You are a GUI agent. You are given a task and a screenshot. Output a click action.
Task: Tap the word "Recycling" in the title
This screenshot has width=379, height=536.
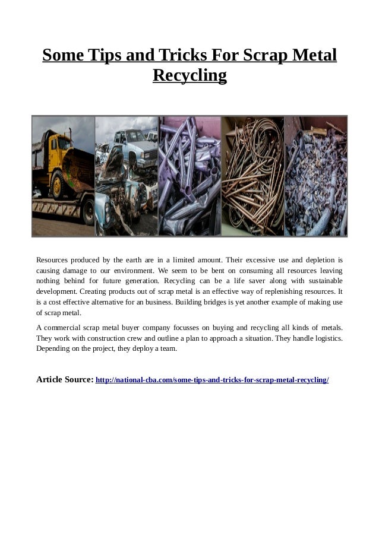click(x=190, y=76)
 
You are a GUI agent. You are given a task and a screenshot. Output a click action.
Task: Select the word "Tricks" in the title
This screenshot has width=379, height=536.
click(x=188, y=56)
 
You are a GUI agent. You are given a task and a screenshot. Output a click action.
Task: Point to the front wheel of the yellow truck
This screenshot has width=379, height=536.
click(x=59, y=185)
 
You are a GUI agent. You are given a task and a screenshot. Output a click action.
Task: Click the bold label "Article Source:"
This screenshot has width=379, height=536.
click(x=65, y=379)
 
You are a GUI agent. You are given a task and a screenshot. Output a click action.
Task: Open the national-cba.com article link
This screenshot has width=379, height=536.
click(x=212, y=379)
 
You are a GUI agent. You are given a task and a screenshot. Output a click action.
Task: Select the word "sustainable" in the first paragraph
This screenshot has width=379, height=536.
click(x=321, y=281)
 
